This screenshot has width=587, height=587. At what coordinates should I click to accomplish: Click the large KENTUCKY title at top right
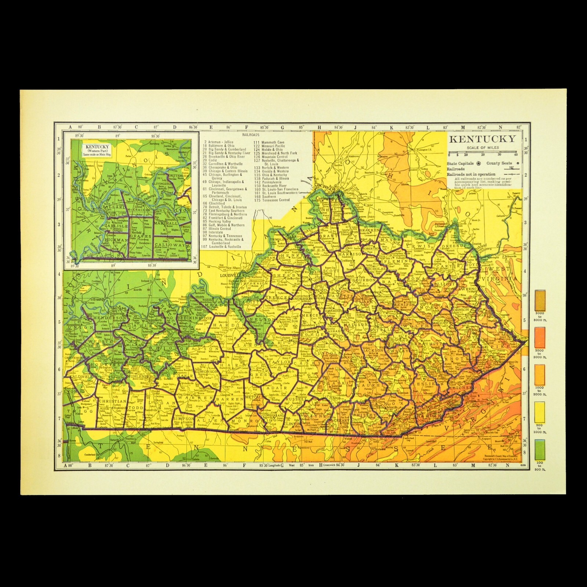point(482,139)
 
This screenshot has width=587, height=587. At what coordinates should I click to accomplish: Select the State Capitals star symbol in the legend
point(477,163)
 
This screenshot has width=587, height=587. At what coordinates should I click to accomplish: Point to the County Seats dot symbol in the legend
point(517,163)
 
